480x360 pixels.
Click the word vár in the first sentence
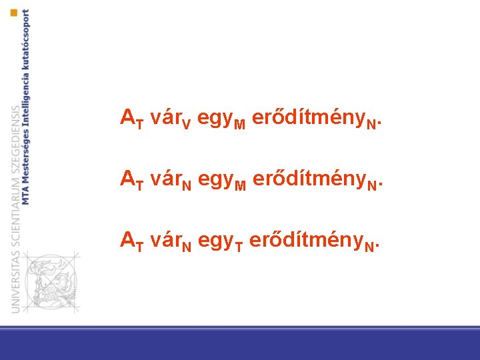click(165, 118)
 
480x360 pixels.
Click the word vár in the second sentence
click(165, 178)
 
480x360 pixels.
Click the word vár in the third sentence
click(165, 239)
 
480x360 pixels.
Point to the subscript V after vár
click(187, 124)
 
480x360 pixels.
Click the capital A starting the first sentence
click(127, 118)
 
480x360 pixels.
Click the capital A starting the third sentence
click(127, 239)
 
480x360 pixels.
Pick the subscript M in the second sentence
click(240, 185)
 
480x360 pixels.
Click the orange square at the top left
click(14, 13)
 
